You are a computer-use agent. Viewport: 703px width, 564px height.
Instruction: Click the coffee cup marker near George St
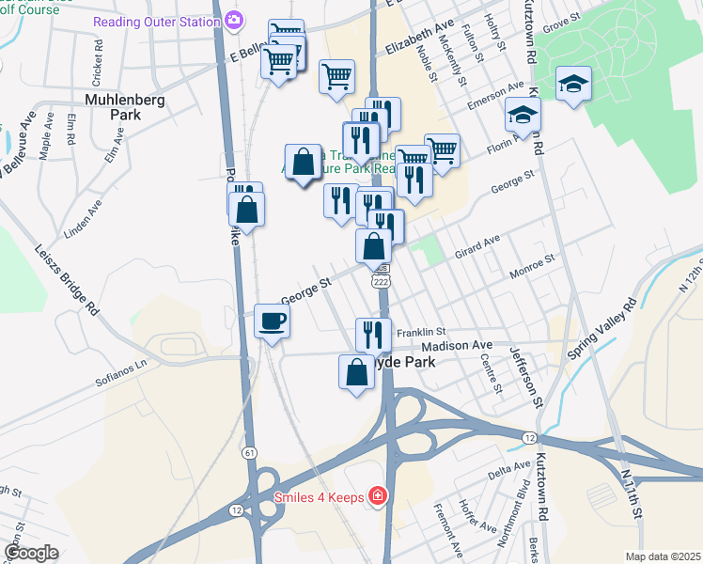273,322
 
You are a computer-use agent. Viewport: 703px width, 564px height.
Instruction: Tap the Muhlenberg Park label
113,105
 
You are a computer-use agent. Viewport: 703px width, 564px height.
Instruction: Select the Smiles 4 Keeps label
318,496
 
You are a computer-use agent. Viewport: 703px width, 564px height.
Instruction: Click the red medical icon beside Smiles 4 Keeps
377,495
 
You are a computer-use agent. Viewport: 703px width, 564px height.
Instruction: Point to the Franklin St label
420,332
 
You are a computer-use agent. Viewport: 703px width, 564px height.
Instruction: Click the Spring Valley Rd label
602,329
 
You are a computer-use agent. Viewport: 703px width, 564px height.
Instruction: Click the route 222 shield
381,281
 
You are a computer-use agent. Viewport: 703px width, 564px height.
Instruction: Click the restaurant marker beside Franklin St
373,334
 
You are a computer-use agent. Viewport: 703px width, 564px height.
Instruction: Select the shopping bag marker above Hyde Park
356,372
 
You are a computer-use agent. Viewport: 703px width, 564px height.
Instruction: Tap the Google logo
30,553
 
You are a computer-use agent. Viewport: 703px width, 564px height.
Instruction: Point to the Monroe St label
533,269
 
